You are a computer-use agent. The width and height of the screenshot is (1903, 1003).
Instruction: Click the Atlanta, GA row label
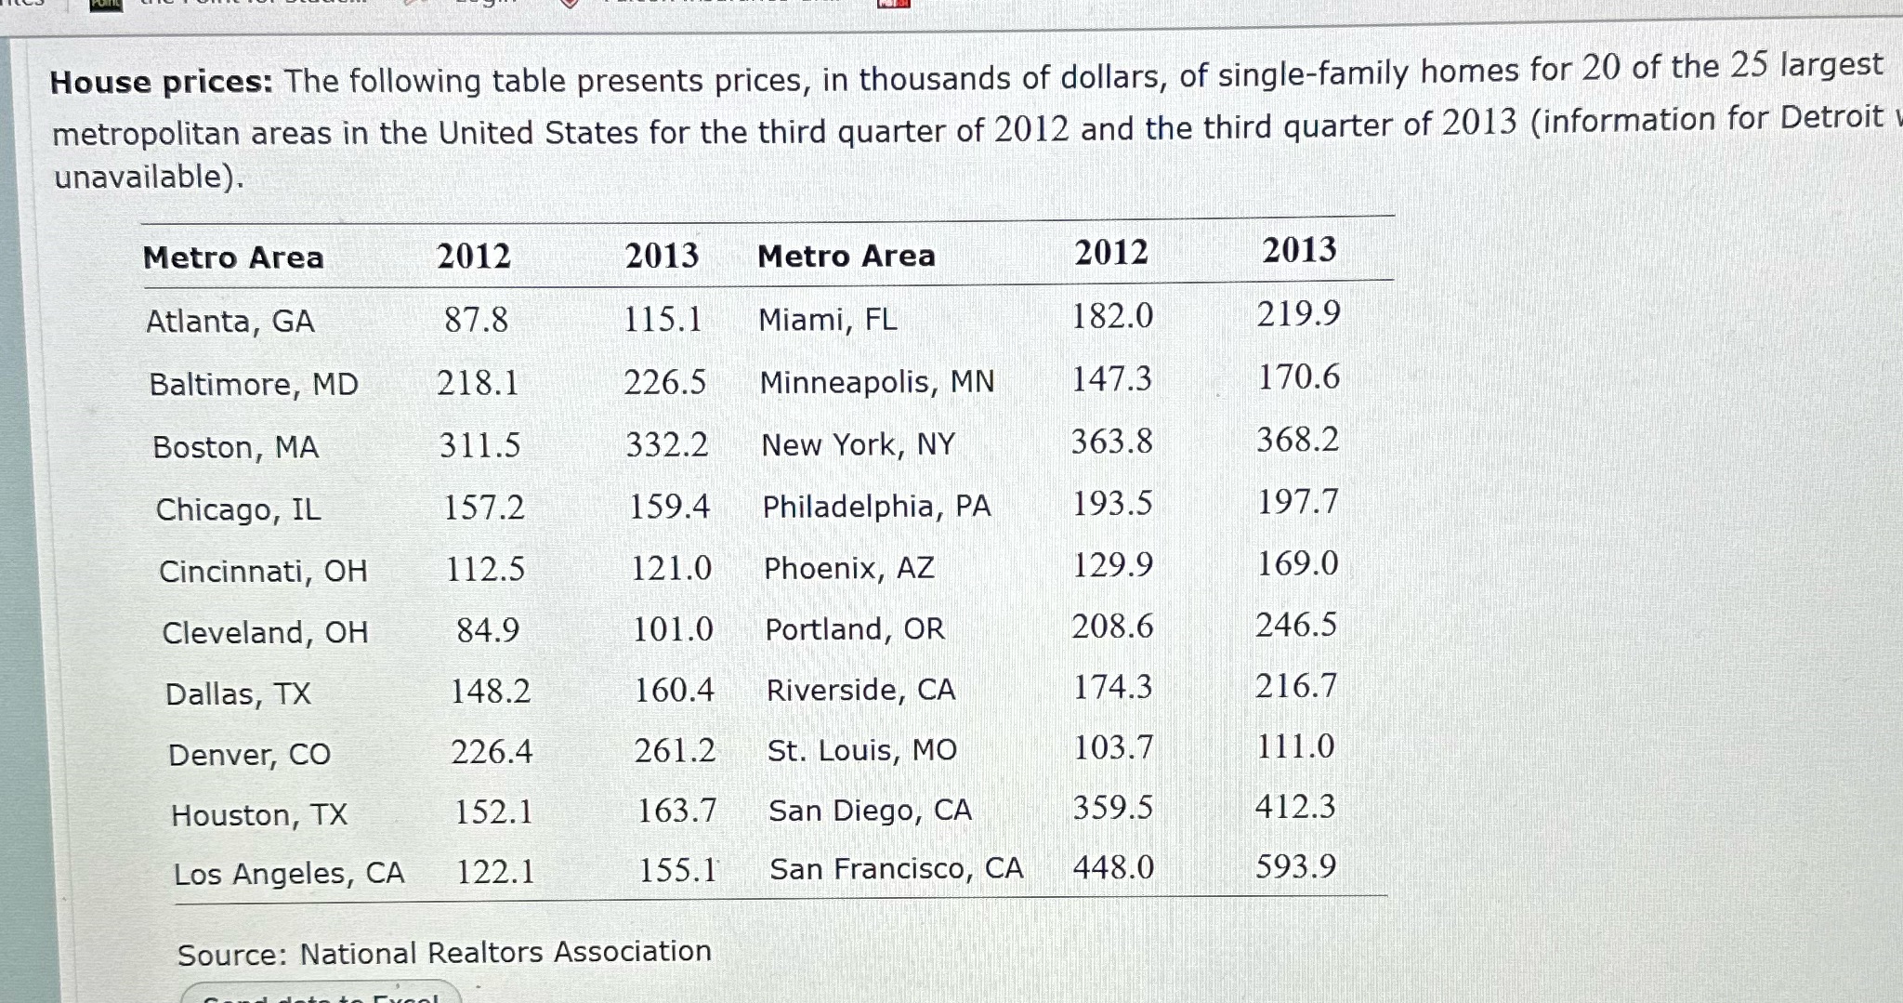[x=230, y=322]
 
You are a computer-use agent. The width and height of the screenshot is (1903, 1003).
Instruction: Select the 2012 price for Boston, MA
[x=479, y=446]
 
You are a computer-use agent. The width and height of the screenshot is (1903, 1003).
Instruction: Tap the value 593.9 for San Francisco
[x=1295, y=866]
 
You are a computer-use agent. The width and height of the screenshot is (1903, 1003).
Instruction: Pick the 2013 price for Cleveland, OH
[x=673, y=629]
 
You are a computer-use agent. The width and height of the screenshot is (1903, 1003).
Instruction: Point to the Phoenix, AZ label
[x=848, y=568]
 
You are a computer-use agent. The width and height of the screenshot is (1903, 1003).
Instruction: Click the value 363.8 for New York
[x=1111, y=442]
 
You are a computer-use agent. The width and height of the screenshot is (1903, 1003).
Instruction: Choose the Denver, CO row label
[x=249, y=754]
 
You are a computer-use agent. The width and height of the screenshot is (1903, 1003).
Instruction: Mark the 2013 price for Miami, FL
[x=1298, y=314]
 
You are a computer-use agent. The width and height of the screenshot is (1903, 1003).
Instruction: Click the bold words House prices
[x=161, y=83]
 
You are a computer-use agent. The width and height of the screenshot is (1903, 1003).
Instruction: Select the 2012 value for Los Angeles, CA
[x=495, y=872]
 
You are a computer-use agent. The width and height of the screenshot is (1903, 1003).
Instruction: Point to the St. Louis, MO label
[x=861, y=750]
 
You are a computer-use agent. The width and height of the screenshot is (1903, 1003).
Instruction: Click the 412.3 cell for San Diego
[x=1294, y=806]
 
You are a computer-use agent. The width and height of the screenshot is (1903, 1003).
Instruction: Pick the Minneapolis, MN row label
[x=876, y=382]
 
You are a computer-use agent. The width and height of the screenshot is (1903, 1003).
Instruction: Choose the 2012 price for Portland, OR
[x=1112, y=627]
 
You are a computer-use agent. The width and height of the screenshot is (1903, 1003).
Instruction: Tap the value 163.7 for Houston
[x=676, y=811]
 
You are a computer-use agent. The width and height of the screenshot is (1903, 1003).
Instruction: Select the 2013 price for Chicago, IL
[x=669, y=507]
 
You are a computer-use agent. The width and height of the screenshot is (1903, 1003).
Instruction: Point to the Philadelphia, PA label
[x=876, y=507]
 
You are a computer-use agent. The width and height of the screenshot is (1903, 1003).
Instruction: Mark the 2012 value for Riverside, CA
[x=1112, y=687]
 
